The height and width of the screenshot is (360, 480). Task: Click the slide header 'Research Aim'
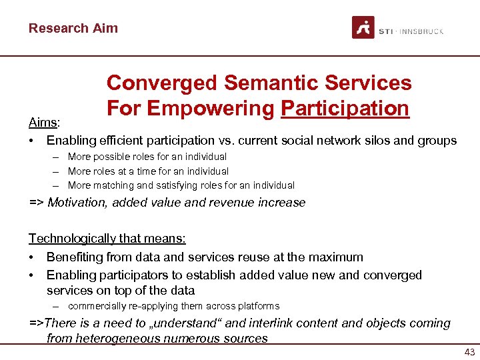73,28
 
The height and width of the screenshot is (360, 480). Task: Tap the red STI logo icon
363,28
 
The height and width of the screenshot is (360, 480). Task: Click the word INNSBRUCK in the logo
421,31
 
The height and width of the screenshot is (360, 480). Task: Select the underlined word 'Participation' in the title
345,108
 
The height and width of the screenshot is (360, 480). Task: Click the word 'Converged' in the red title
161,83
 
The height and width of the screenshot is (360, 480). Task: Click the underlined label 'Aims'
43,123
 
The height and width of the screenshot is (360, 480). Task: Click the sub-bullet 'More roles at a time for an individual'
148,171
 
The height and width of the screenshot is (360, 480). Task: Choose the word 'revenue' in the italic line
232,203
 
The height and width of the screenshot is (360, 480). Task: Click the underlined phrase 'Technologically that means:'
107,238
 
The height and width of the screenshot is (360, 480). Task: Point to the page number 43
469,351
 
